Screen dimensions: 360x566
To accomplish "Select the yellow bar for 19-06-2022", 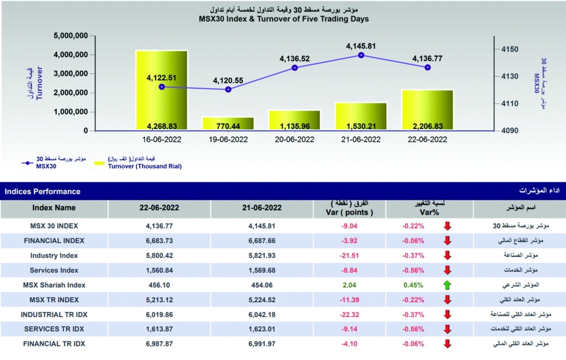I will click(228, 123).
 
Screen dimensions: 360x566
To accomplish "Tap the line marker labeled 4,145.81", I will click(362, 55).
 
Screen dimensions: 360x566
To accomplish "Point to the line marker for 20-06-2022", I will click(294, 68).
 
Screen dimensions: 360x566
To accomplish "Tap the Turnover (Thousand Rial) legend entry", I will click(144, 166).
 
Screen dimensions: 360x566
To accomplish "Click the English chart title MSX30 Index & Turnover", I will click(284, 19).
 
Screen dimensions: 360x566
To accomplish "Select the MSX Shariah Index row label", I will click(54, 285).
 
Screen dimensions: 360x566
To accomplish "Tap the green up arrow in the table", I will click(447, 285).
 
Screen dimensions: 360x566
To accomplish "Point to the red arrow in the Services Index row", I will click(447, 270).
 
